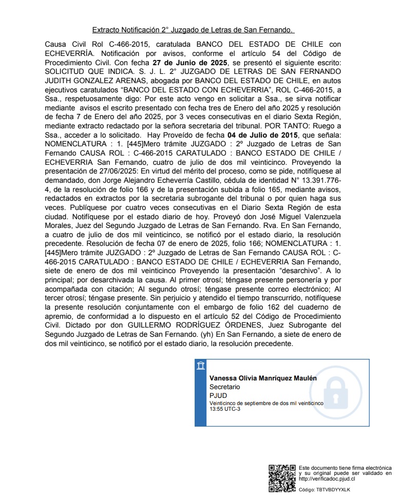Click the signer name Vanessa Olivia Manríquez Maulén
pyautogui.click(x=263, y=378)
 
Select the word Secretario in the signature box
pyautogui.click(x=224, y=387)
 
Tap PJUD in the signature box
pyautogui.click(x=218, y=395)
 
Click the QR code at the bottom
pyautogui.click(x=282, y=477)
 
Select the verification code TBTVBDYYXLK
pyautogui.click(x=334, y=490)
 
